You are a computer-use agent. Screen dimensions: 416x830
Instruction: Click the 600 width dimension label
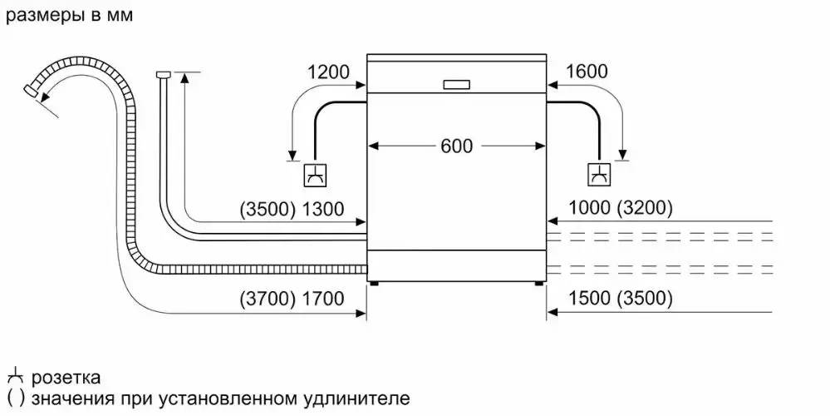click(x=456, y=146)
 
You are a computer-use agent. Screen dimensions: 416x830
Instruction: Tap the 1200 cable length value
click(x=328, y=72)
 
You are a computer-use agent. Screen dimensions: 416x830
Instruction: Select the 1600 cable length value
click(x=587, y=72)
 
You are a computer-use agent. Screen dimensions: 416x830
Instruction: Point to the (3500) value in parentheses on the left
click(x=266, y=210)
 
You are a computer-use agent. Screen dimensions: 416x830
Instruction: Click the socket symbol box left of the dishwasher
click(x=316, y=175)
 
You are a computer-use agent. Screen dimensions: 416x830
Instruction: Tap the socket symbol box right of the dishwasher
click(x=598, y=175)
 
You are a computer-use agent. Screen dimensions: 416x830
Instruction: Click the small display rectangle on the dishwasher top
click(x=456, y=84)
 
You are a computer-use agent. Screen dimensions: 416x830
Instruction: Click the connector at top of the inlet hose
click(x=162, y=76)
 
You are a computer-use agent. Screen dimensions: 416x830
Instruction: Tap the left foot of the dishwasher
click(x=376, y=282)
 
